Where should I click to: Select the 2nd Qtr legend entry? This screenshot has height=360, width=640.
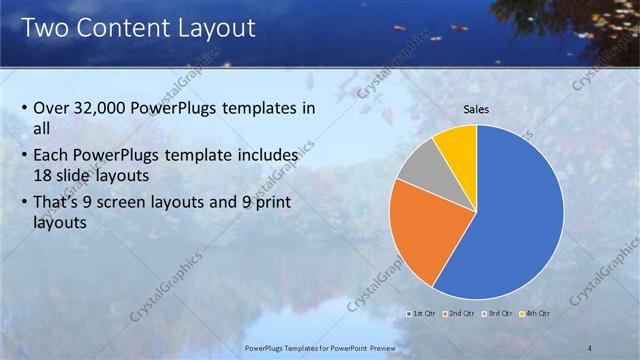(459, 314)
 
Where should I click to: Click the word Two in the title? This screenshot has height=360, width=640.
(45, 27)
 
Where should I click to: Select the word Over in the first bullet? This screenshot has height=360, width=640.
(53, 109)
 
